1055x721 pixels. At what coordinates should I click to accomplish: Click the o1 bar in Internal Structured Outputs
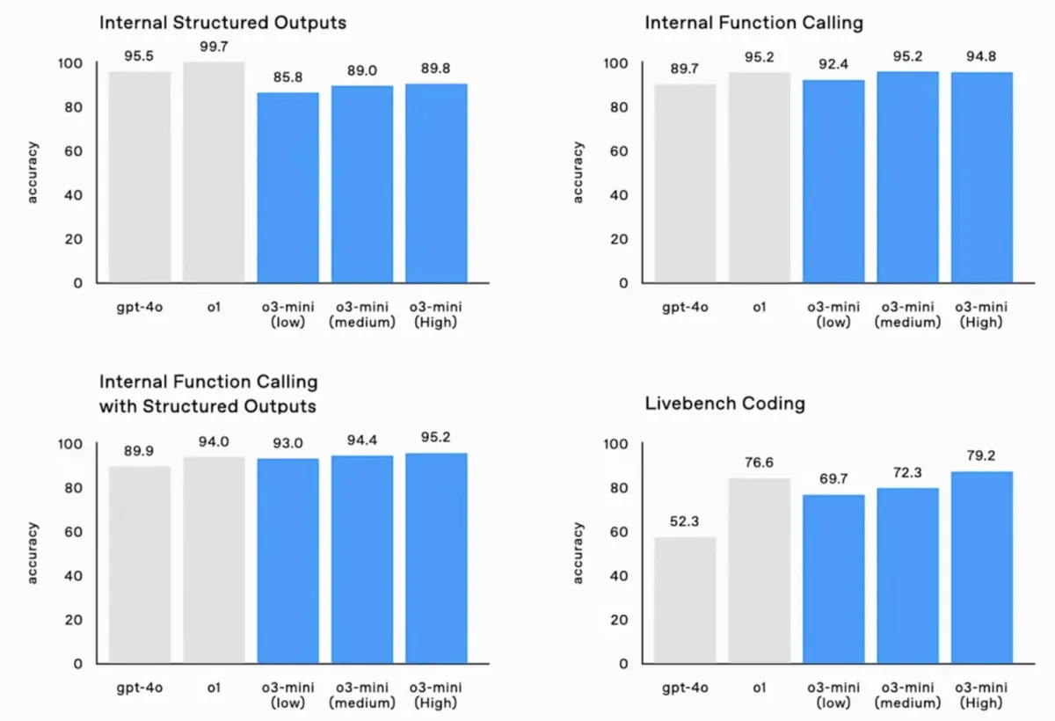point(214,172)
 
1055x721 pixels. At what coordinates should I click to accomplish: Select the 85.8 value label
point(287,77)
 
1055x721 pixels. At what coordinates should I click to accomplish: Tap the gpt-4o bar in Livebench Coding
point(685,601)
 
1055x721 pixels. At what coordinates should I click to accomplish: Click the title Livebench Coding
point(724,404)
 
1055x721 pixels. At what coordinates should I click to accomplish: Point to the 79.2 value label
point(981,455)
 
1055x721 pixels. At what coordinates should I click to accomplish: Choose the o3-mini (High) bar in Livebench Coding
point(982,567)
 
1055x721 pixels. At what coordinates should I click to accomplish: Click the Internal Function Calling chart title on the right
point(753,23)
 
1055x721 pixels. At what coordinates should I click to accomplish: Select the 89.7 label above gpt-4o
point(684,69)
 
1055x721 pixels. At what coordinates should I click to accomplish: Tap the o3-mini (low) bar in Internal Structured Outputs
point(287,188)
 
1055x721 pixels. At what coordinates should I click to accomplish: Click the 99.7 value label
point(214,47)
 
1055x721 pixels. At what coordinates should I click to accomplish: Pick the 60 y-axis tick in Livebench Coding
point(619,532)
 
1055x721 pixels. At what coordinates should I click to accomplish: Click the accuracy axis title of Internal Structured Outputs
point(32,172)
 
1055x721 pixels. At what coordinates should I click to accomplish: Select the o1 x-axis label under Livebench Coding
point(760,688)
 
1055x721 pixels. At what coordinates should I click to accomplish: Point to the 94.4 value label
point(362,440)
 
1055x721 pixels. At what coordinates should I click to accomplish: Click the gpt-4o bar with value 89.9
point(140,565)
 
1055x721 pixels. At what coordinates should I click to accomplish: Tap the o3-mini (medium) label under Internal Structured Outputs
point(362,315)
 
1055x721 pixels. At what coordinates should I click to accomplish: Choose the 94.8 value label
point(981,56)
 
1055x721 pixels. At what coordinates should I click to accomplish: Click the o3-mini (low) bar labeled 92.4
point(833,182)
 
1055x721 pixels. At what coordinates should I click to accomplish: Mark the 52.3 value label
point(684,521)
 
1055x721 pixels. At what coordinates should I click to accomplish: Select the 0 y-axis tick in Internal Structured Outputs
point(77,283)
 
